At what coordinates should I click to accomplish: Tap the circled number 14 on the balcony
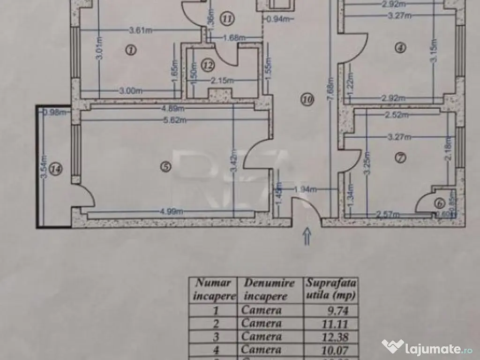pyautogui.click(x=56, y=170)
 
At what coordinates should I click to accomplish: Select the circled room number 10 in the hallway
pyautogui.click(x=307, y=99)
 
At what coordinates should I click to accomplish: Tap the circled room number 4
pyautogui.click(x=399, y=47)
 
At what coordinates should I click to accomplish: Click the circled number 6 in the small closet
pyautogui.click(x=439, y=203)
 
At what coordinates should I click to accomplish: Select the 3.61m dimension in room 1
pyautogui.click(x=141, y=31)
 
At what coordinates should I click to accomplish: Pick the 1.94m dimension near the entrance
pyautogui.click(x=306, y=189)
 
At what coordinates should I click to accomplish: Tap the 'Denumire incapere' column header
pyautogui.click(x=269, y=289)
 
